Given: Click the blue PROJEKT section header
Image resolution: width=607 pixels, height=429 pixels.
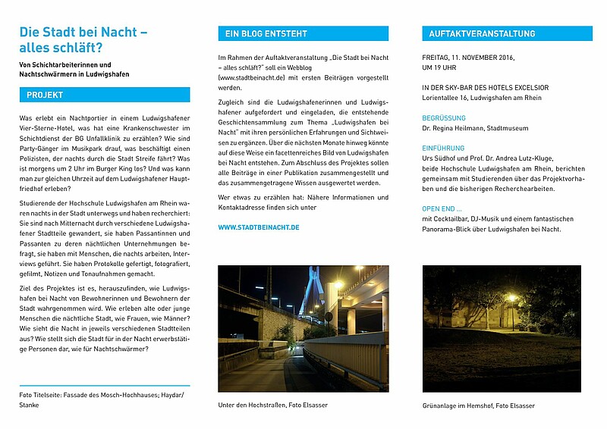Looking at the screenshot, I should [x=105, y=96].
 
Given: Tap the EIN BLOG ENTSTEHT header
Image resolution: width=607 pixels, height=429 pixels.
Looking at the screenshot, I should [x=303, y=34].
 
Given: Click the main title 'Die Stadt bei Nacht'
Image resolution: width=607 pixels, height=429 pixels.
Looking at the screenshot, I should [x=83, y=33].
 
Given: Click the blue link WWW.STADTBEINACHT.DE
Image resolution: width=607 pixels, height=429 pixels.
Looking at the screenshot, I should [x=258, y=227].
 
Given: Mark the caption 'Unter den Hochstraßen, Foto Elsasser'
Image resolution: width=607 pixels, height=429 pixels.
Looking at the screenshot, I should [x=272, y=406].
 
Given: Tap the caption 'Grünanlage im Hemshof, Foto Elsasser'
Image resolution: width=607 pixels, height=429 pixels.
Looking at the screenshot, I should [x=478, y=406].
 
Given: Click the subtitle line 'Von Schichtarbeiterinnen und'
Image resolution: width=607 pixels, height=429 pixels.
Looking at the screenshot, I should [x=65, y=64].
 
